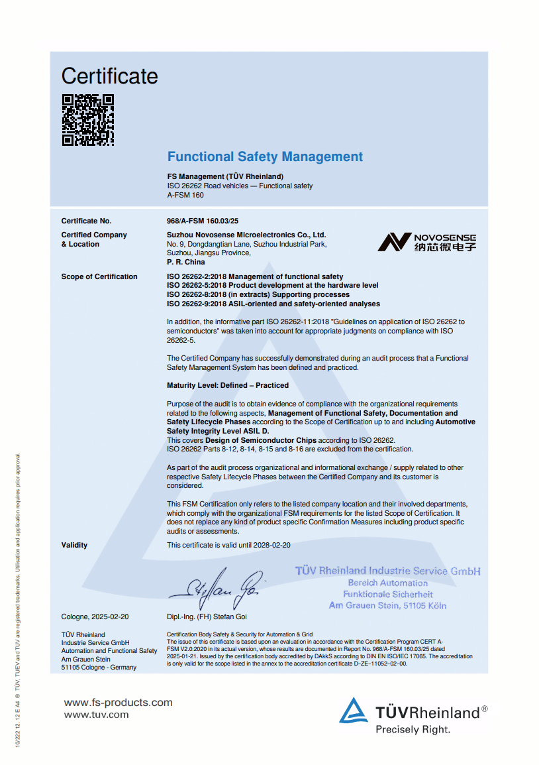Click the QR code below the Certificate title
[88, 120]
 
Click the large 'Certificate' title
[110, 76]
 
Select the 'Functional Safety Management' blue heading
[265, 157]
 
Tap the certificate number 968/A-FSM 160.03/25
[203, 221]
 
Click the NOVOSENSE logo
[426, 242]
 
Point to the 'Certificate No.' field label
[87, 221]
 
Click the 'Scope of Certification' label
[99, 276]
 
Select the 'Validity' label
[74, 545]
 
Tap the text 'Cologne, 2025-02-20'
[95, 617]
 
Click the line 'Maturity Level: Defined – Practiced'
[228, 385]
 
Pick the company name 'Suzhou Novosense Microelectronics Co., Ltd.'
[246, 235]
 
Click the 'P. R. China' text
[186, 262]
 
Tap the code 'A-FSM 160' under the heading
[185, 195]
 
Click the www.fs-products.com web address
[118, 703]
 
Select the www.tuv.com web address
[96, 715]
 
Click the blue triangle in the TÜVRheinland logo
[354, 711]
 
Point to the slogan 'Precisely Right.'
[413, 730]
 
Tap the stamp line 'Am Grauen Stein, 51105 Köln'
[387, 605]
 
